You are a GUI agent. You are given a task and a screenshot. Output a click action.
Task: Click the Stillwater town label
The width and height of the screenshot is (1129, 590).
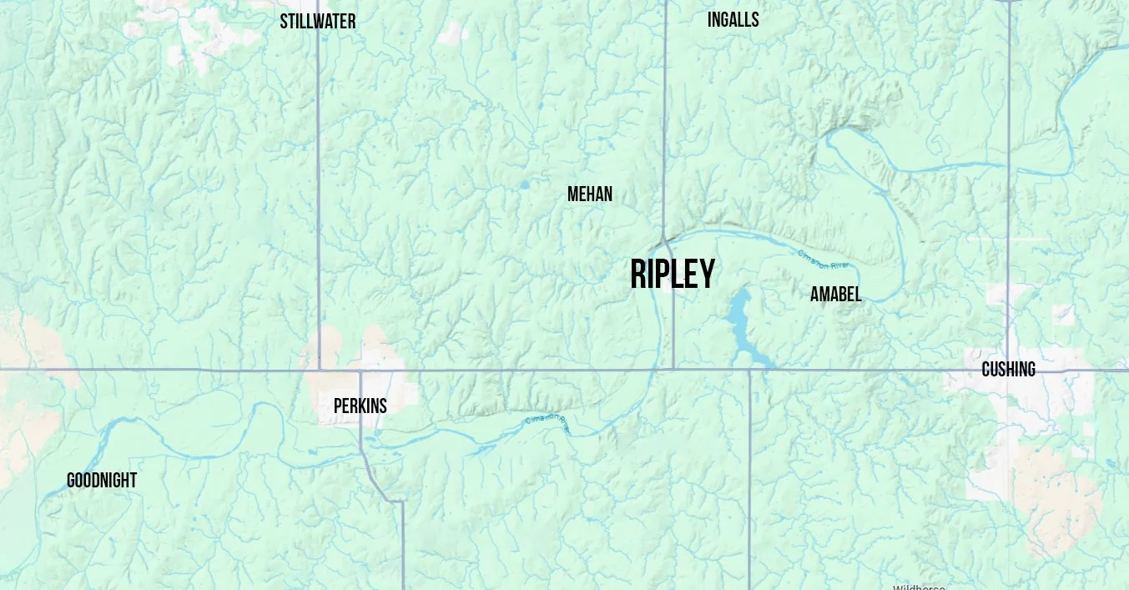point(317,22)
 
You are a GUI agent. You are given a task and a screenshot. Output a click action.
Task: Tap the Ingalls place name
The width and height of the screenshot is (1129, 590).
point(733,20)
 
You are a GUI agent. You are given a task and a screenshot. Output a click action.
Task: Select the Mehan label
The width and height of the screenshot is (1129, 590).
point(589,194)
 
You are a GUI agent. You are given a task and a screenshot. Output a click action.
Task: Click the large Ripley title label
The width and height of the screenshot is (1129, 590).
point(673,274)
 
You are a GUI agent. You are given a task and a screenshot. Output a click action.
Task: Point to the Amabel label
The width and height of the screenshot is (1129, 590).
point(835,294)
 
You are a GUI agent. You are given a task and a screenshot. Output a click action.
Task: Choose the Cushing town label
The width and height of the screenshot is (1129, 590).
point(1008,369)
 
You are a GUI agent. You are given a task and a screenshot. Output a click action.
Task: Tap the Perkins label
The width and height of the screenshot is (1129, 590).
point(360,406)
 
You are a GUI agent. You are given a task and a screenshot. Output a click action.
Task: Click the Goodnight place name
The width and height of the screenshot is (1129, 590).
point(101,481)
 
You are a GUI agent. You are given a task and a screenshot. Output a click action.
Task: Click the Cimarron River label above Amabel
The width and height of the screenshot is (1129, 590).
point(824,259)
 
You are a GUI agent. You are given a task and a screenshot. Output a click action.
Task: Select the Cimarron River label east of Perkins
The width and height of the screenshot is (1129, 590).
point(547,423)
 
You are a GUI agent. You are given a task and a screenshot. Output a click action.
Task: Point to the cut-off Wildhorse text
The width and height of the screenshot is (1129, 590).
point(919,587)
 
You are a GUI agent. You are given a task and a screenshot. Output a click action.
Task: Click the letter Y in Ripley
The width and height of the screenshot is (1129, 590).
point(706,274)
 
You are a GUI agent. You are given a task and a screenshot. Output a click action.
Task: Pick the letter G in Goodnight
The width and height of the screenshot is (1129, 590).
point(72,481)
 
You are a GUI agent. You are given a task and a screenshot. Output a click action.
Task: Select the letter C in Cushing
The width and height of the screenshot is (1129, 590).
point(986,369)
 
